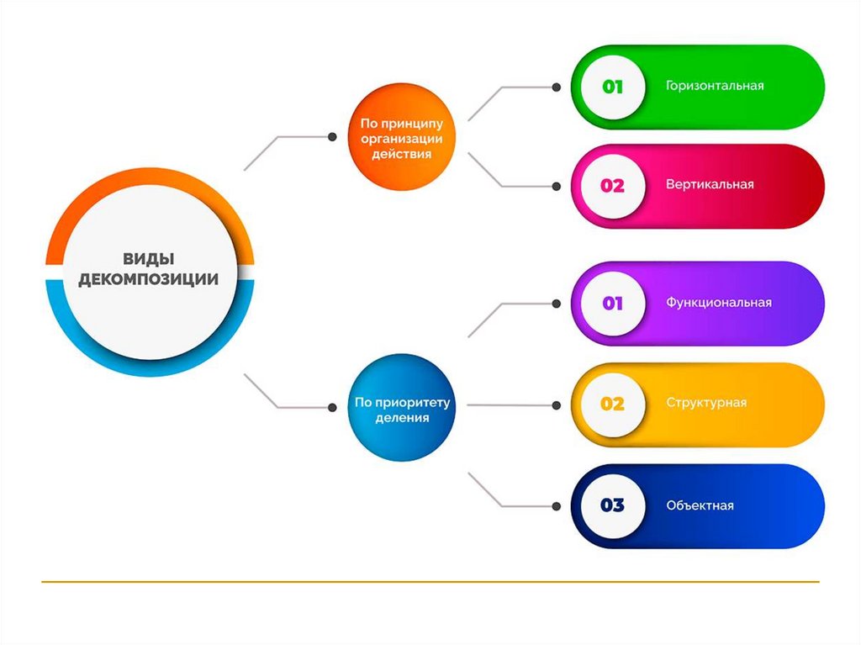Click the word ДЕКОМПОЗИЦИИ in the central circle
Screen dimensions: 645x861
(149, 279)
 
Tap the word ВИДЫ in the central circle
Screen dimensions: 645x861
(149, 258)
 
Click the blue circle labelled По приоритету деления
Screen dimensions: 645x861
(401, 407)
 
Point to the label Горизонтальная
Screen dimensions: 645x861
(715, 86)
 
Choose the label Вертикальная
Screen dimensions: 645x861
(710, 184)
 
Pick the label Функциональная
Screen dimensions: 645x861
(718, 302)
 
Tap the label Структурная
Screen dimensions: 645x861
(706, 403)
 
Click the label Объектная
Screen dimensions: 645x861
(700, 505)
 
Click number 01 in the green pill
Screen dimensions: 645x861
(612, 86)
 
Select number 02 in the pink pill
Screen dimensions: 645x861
(612, 185)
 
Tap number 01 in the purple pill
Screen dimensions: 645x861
(612, 303)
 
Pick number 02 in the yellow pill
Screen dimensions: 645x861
(612, 404)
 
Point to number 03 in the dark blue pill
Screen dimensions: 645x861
(612, 505)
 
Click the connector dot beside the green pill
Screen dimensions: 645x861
(556, 87)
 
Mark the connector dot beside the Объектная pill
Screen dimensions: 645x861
(556, 506)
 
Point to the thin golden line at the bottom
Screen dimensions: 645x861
(429, 581)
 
